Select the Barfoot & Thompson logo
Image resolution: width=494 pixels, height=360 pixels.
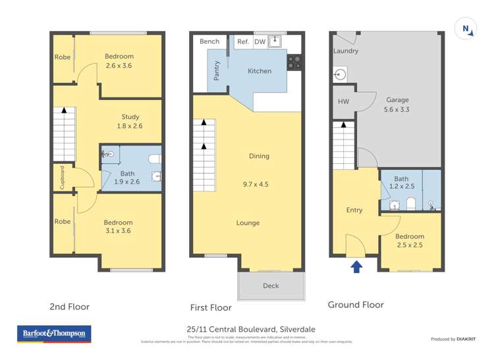[54, 334]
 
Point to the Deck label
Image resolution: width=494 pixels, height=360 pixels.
[271, 286]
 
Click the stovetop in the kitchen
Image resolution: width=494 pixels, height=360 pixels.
[294, 63]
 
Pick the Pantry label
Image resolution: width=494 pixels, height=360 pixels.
[217, 71]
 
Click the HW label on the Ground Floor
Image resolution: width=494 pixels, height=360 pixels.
[343, 102]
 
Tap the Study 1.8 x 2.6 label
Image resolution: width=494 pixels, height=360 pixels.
[130, 121]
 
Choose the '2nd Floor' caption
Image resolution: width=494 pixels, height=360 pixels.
[69, 307]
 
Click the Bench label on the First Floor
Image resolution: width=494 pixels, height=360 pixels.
[209, 41]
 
